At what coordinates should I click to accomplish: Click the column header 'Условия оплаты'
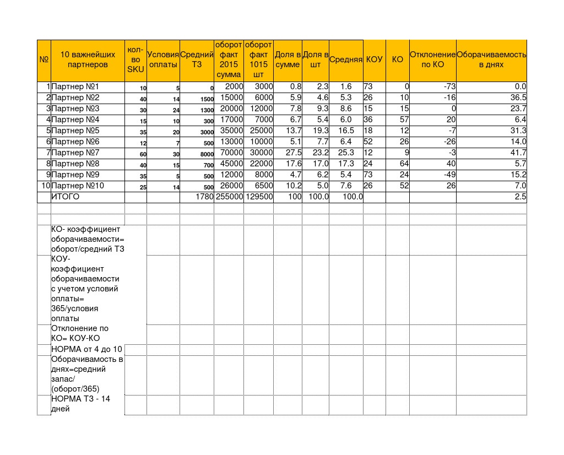tap(163, 59)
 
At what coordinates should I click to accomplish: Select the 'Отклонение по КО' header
tap(432, 59)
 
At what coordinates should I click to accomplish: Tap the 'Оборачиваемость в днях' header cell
tap(491, 59)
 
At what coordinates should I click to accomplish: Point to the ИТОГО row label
tap(66, 197)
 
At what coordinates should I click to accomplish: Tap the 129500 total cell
tap(259, 197)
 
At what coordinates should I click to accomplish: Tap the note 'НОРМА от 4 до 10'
tap(86, 349)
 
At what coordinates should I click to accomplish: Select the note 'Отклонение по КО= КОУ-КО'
tap(79, 333)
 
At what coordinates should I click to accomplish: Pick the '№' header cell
tap(44, 59)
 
